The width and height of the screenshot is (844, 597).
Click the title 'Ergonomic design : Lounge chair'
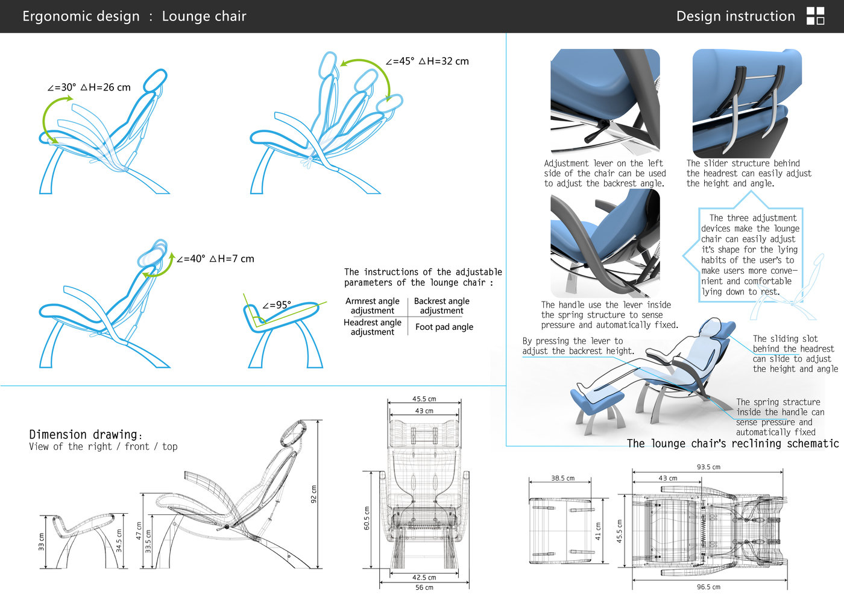coord(134,16)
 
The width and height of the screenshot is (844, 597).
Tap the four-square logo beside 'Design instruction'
coord(815,16)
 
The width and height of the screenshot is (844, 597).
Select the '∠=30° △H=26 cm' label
coord(89,87)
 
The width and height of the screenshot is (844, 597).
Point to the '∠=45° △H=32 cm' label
coord(427,62)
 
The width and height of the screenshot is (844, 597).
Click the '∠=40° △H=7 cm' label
coord(215,259)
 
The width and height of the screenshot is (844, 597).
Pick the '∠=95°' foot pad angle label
coord(277,305)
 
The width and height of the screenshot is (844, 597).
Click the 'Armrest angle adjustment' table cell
coord(372,306)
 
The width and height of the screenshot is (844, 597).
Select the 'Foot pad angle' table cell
coord(444,327)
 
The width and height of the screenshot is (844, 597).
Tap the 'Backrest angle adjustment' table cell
coord(441,306)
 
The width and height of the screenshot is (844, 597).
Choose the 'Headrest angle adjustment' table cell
coord(372,327)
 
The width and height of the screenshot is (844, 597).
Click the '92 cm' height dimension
coord(313,494)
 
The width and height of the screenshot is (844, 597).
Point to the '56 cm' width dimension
coord(424,587)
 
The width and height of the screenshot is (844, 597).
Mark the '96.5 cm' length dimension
coord(708,587)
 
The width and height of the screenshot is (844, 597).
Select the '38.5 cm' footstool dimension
coord(562,478)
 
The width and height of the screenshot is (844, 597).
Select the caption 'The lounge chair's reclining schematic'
coord(732,444)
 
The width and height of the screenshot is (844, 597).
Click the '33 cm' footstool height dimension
coord(42,542)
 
